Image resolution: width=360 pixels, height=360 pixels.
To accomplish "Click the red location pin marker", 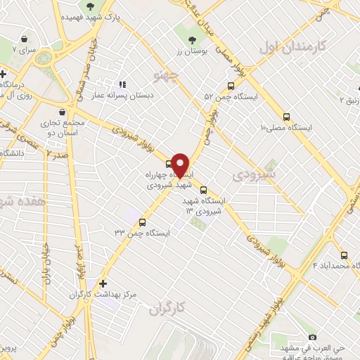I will point(181,165).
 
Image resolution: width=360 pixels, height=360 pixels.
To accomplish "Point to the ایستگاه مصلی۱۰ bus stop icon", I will point(285,117).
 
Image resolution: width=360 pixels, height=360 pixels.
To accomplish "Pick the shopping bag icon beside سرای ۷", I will point(25,39).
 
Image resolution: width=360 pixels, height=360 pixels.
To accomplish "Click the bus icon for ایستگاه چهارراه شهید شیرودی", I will point(167,164).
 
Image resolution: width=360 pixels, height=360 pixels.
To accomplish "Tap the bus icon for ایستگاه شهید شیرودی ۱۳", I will point(204,189).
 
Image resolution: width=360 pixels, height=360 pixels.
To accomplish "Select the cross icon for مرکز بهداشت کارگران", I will point(103,283).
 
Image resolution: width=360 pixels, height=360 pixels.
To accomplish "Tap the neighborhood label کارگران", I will point(167,308).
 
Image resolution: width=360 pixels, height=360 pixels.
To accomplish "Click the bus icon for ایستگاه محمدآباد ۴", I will point(344,255).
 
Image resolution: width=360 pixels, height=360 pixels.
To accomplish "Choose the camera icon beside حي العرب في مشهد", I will point(293,337).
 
